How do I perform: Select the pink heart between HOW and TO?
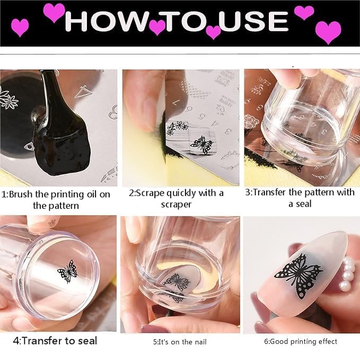(x=157, y=27)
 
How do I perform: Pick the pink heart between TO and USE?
(x=213, y=32)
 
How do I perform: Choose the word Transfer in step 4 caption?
(x=40, y=340)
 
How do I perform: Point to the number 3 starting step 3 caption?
(x=248, y=192)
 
